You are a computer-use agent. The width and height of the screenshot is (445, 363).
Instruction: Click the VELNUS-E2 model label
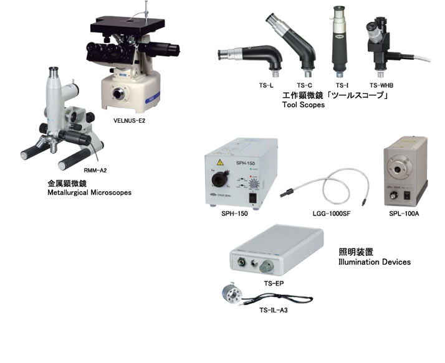tap(129, 121)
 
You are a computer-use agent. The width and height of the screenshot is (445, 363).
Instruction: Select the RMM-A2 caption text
tap(95, 170)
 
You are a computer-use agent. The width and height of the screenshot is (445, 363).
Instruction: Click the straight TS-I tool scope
tap(340, 41)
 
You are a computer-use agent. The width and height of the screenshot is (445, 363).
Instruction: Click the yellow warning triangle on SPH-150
tap(220, 163)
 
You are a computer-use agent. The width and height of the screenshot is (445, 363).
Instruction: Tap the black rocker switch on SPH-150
tap(253, 198)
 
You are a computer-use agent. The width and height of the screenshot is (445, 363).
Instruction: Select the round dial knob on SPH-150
tap(254, 184)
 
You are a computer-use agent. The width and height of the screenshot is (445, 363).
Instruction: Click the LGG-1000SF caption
tap(331, 214)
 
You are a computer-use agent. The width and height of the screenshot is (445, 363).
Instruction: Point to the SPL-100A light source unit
tap(405, 172)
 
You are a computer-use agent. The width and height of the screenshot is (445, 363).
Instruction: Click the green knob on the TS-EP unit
tap(267, 266)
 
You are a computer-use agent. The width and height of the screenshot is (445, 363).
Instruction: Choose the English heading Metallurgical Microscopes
tap(89, 192)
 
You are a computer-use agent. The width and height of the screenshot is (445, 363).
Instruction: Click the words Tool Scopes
tap(304, 105)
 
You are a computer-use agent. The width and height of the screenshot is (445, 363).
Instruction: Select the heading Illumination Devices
tap(375, 262)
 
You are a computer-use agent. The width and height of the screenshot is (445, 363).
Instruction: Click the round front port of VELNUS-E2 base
tap(118, 93)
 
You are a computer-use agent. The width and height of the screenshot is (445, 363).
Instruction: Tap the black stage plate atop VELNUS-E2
tap(128, 26)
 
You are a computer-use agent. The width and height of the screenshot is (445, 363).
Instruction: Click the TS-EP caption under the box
tap(274, 283)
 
